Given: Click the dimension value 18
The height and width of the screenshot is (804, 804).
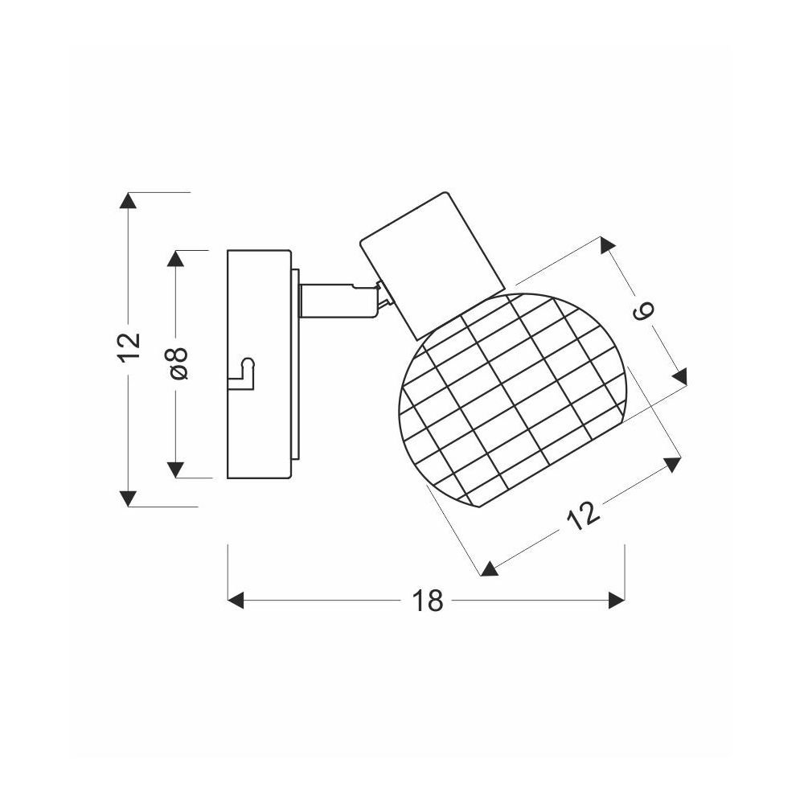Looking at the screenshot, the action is pyautogui.click(x=427, y=601).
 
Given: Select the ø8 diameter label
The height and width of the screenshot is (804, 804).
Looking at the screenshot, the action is pyautogui.click(x=178, y=363).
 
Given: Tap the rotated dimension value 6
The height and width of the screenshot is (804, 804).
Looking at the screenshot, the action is pyautogui.click(x=643, y=310).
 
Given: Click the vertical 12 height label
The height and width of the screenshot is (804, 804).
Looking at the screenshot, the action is pyautogui.click(x=129, y=347).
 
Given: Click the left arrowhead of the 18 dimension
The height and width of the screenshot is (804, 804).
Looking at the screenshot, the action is pyautogui.click(x=236, y=600).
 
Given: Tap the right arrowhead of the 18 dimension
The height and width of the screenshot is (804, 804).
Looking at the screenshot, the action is pyautogui.click(x=617, y=600).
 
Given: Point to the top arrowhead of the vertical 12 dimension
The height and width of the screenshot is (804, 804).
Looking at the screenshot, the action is pyautogui.click(x=128, y=200).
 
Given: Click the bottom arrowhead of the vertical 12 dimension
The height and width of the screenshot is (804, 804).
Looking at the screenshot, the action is pyautogui.click(x=128, y=498).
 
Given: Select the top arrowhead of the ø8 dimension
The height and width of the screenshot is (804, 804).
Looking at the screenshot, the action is pyautogui.click(x=175, y=258).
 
